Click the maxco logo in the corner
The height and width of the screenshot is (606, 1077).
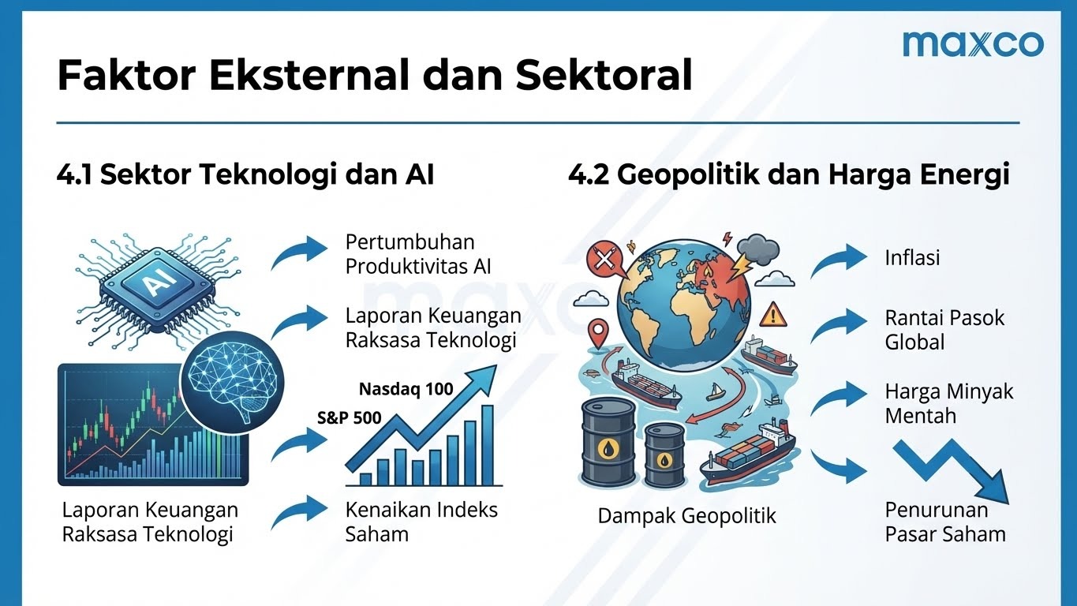click(973, 43)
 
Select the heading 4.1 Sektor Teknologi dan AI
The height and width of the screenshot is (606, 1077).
click(245, 174)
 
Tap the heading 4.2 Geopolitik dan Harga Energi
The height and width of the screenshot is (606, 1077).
click(788, 174)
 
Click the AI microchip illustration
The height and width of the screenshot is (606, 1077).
click(157, 289)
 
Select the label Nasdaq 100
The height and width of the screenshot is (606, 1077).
click(406, 389)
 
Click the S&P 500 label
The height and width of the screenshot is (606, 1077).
click(350, 418)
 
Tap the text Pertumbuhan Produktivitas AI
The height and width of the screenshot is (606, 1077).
click(418, 254)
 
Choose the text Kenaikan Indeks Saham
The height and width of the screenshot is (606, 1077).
click(421, 522)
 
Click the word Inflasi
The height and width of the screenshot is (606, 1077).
click(912, 258)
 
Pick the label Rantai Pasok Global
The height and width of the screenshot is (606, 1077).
click(944, 330)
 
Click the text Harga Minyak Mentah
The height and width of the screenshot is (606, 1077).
click(948, 403)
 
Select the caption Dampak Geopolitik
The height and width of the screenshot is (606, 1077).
click(686, 516)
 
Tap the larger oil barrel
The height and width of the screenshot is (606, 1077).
click(608, 442)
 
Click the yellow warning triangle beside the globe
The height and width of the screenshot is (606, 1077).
click(773, 315)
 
